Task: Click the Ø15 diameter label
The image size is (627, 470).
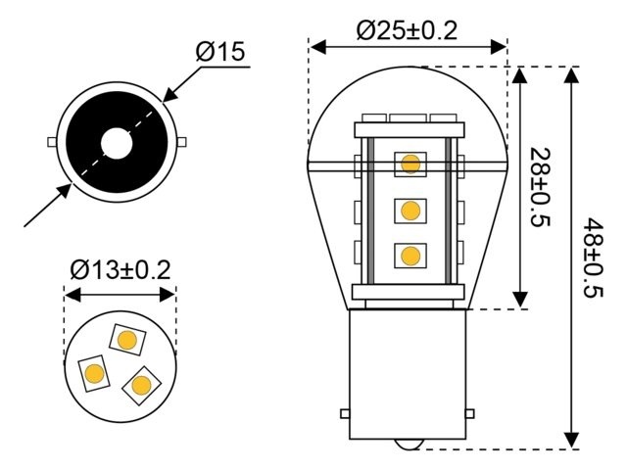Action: (x=220, y=52)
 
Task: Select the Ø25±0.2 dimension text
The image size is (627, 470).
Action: (x=407, y=29)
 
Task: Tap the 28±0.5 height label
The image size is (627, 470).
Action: (x=538, y=187)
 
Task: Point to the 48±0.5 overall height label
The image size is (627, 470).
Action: (x=592, y=257)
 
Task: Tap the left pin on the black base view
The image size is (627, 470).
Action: (x=52, y=142)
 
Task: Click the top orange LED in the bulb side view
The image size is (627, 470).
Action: (x=410, y=163)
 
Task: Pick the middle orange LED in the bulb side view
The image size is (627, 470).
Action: (x=410, y=210)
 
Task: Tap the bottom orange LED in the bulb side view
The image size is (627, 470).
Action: (x=410, y=256)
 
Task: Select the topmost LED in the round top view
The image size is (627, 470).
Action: (x=125, y=340)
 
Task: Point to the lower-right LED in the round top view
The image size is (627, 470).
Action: (x=142, y=384)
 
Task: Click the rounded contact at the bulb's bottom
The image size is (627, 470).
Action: (x=410, y=445)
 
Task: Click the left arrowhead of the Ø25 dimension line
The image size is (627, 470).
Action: (x=316, y=45)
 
